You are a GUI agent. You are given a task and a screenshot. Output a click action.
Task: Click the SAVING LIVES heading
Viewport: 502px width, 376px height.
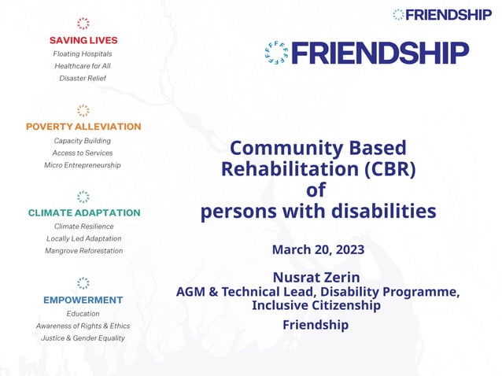[83, 39]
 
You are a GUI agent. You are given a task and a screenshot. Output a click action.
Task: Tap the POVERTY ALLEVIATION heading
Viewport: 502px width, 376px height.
[83, 126]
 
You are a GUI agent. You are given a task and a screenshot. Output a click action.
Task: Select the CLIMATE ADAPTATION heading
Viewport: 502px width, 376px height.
[83, 212]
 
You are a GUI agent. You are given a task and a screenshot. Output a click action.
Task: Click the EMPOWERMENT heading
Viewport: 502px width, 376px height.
[83, 300]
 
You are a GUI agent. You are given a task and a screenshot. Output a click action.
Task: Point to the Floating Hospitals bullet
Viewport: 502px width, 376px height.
[83, 53]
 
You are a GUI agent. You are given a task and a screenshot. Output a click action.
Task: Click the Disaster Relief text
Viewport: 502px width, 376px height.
[83, 79]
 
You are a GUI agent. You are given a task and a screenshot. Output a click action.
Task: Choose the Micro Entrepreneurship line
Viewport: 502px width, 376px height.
[83, 165]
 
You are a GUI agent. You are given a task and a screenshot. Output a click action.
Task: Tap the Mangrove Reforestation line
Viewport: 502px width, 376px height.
[83, 251]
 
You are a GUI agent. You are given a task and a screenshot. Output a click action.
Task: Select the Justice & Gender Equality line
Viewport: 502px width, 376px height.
[83, 338]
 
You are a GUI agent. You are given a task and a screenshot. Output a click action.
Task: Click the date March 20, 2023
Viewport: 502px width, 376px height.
[318, 250]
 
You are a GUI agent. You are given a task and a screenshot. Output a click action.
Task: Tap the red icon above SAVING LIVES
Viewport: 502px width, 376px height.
[83, 24]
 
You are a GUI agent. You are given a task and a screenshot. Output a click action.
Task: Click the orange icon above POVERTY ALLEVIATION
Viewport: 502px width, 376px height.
[83, 110]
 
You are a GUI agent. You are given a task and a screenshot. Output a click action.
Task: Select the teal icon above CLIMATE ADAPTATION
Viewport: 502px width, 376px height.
[83, 197]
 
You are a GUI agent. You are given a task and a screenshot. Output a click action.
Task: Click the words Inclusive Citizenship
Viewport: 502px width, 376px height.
[316, 305]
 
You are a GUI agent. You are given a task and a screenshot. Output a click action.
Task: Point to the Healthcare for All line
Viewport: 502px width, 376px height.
[83, 66]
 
